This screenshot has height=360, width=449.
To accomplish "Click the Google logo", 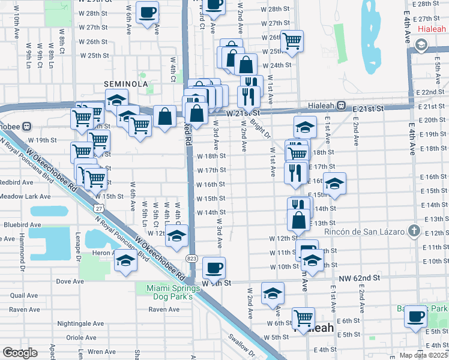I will pos(20,353).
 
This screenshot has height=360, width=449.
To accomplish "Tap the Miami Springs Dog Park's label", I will pos(170,292).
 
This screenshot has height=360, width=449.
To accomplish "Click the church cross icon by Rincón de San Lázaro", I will pos(414,231).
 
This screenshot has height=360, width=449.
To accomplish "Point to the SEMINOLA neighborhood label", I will pos(125,84).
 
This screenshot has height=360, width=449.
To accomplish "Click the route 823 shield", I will pos(191,258).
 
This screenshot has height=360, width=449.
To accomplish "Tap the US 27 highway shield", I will pos(99,208).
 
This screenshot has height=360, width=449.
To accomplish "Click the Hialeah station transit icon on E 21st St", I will pos(341,105).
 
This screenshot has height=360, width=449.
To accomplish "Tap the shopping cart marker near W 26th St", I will pos(292,41).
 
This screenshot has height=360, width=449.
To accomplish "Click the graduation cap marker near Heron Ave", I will pos(126,261).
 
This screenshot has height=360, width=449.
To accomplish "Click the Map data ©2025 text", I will pos(423,355).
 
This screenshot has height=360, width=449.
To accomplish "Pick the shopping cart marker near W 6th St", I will pos(304,316).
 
